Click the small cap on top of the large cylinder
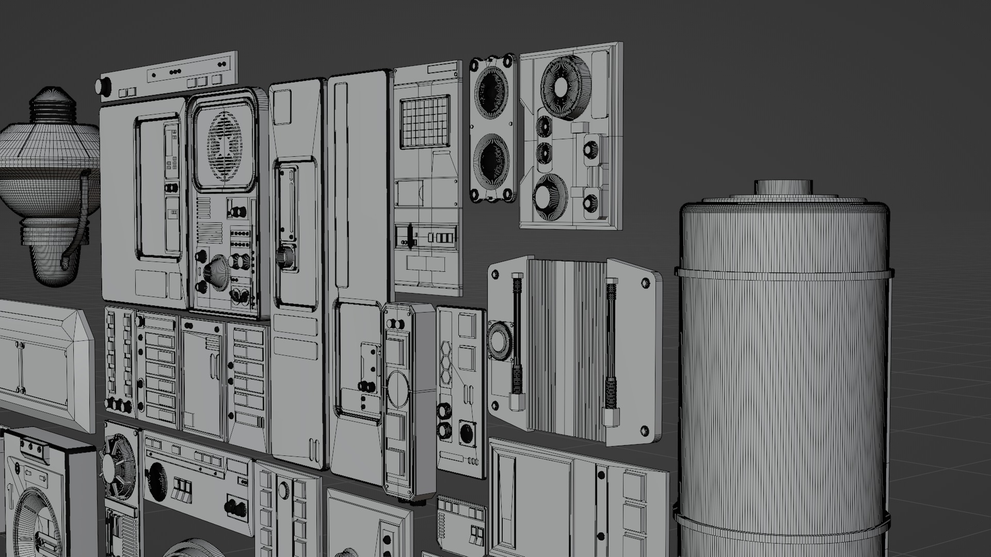click(783, 187)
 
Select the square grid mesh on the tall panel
click(423, 122)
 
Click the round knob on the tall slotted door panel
click(284, 256)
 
